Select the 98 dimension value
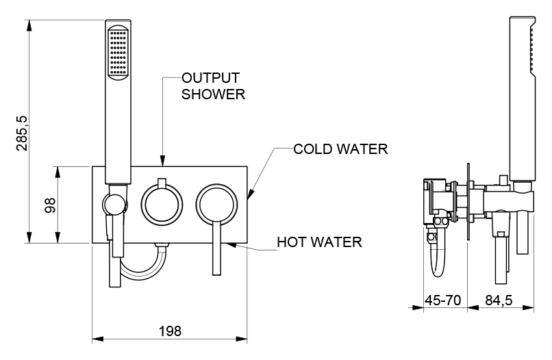[50, 205]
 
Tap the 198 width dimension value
[170, 331]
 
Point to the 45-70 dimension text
[441, 299]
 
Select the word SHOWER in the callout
[213, 94]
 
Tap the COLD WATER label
[340, 149]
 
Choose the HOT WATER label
[319, 242]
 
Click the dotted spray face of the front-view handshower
[117, 52]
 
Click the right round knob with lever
[218, 204]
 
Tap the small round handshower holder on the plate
[114, 204]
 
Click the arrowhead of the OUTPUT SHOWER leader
[162, 163]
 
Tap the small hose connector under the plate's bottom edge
[162, 245]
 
